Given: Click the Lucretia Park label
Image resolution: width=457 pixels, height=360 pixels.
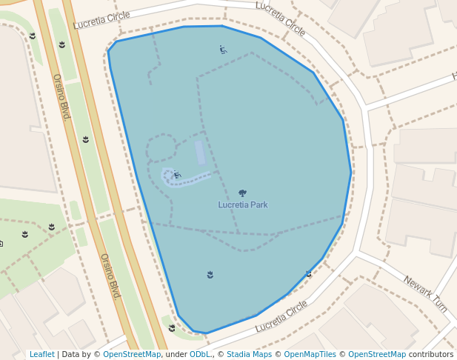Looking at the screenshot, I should (x=243, y=204).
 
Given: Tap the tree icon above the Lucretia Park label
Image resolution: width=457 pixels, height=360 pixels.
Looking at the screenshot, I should (x=242, y=193).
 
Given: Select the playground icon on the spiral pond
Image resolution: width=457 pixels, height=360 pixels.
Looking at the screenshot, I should (x=177, y=175).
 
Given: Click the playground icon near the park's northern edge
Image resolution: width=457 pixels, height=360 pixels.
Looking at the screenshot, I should (x=223, y=50).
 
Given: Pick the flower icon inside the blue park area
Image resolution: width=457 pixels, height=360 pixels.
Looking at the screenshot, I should (x=210, y=275).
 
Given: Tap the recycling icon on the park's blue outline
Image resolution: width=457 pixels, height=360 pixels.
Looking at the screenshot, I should (x=308, y=273).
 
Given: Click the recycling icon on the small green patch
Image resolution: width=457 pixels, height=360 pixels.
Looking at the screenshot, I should (x=172, y=327).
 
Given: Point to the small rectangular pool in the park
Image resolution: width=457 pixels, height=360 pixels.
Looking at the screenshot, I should (x=199, y=152).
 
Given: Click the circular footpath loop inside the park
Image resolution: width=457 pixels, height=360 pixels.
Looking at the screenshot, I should (x=161, y=148).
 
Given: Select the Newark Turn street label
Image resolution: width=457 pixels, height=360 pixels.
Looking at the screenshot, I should (x=426, y=293).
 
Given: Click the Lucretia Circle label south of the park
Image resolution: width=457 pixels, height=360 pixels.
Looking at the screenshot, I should (x=281, y=316).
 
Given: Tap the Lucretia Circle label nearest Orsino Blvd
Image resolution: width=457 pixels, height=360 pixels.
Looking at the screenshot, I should (x=101, y=20).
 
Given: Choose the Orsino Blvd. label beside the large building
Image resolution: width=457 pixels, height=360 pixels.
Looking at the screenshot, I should (x=61, y=97).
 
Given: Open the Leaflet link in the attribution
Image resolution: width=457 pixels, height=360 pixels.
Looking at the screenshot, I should (x=41, y=354).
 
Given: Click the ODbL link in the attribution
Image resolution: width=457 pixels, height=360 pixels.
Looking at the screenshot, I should (x=200, y=354).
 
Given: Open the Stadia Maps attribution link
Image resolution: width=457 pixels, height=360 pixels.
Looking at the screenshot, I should (x=249, y=354).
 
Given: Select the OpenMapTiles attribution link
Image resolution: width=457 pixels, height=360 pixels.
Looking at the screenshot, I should (x=310, y=354).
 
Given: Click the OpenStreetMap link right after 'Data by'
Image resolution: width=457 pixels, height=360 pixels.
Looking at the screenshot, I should (x=132, y=354).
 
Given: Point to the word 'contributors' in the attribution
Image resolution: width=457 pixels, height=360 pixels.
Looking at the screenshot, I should (x=431, y=354).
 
